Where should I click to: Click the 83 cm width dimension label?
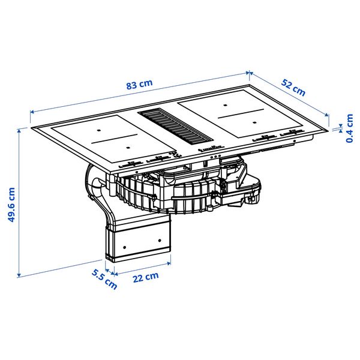tap(139, 85)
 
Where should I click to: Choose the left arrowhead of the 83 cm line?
tap(32, 110)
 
